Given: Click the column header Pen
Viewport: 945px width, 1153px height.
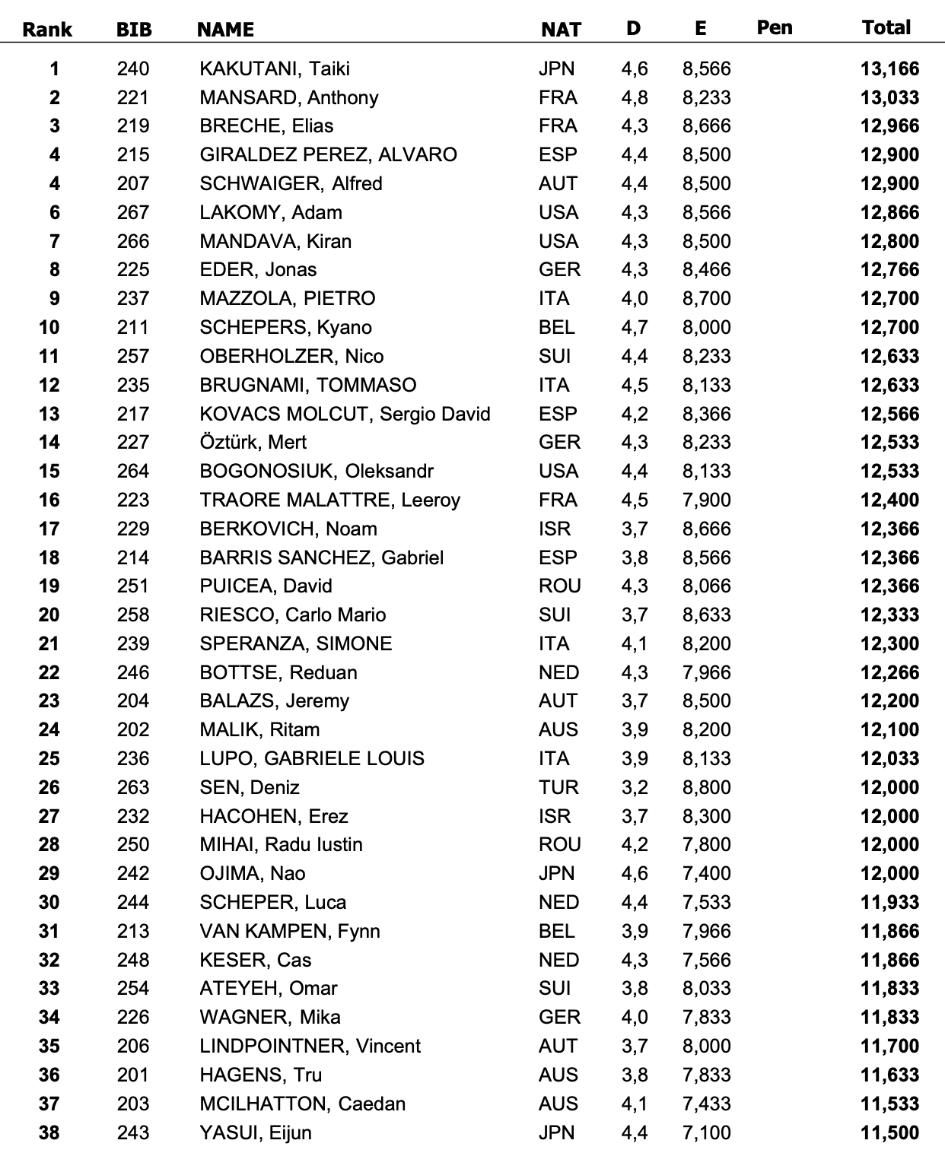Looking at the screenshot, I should point(775,28).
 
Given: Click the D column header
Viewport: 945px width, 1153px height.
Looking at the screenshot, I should point(633,29).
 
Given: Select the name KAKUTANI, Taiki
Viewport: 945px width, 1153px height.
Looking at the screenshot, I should point(274,69).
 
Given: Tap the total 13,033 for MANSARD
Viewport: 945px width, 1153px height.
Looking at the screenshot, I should point(889,98).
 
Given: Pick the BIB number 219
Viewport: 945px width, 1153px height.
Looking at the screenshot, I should point(133,126).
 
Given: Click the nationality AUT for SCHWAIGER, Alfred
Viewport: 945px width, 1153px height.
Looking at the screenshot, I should point(558,184).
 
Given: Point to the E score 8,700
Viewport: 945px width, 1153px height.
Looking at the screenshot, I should point(706,299).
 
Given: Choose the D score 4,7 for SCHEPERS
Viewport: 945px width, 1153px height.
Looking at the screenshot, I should point(634,328).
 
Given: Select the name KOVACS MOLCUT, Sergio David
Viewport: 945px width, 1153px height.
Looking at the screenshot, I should point(345,415).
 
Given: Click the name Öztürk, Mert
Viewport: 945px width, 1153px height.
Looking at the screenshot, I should point(253,443).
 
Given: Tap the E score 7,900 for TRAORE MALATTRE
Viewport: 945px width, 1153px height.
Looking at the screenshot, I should point(706,500).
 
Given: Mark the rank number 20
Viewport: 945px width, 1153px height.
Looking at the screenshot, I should point(49,615).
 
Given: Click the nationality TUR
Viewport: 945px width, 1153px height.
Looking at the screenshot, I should point(558,788).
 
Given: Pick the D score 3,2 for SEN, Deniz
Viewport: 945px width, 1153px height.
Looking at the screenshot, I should point(634,788).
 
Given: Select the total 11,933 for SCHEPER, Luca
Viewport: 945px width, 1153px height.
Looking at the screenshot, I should point(889,903).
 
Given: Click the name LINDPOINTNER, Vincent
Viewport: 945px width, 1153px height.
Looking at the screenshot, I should point(310,1047).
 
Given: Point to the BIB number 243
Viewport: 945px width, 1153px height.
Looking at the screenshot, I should point(133,1133).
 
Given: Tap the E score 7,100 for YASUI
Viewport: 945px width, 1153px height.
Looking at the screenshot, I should point(706,1133).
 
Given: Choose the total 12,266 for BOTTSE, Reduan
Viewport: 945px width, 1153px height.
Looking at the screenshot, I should point(889,673).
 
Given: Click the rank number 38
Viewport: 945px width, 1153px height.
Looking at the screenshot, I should point(49,1133).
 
